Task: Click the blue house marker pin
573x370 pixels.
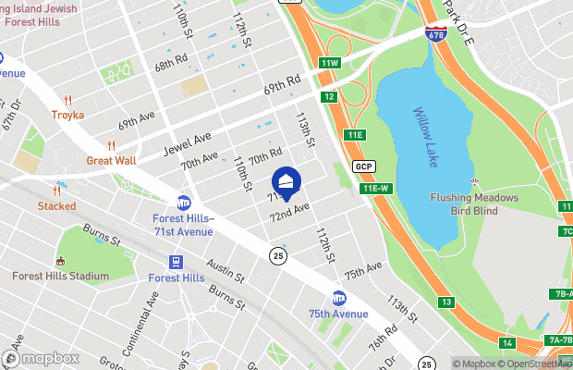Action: (x=286, y=182)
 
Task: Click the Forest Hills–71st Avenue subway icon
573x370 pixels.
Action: (x=184, y=203)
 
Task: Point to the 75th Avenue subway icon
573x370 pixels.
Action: (x=339, y=298)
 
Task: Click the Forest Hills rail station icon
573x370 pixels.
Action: (x=177, y=263)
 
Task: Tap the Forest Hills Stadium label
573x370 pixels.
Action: (x=62, y=276)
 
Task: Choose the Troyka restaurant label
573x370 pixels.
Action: (x=67, y=115)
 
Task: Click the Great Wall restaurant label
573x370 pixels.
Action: (x=111, y=160)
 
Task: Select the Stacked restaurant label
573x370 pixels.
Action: (x=56, y=205)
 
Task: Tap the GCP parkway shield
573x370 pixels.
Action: (x=362, y=166)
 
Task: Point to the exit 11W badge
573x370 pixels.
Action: (x=330, y=63)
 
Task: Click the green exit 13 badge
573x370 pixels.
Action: (x=446, y=302)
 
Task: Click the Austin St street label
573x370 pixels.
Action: (x=226, y=271)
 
